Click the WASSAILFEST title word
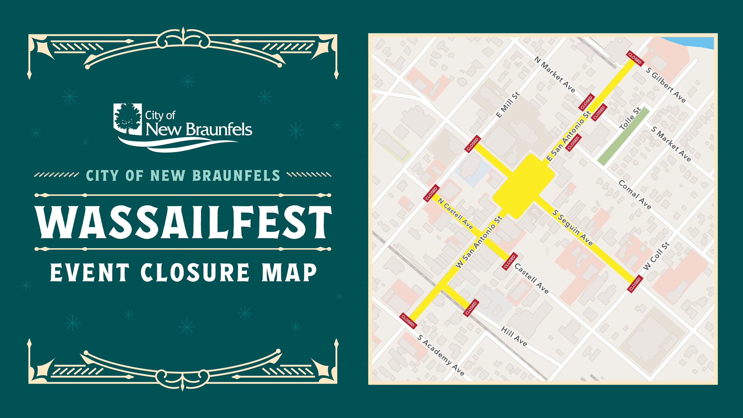pyautogui.click(x=183, y=222)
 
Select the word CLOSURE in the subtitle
pyautogui.click(x=195, y=272)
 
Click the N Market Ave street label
pyautogui.click(x=554, y=74)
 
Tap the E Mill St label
pyautogui.click(x=508, y=105)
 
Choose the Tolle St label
pyautogui.click(x=630, y=118)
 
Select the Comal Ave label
pyautogui.click(x=634, y=195)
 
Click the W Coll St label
pyautogui.click(x=656, y=256)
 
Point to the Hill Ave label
pyautogui.click(x=514, y=336)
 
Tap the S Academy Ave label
pyautogui.click(x=440, y=355)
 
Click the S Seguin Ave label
pyautogui.click(x=572, y=228)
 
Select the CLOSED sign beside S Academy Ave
pyautogui.click(x=408, y=321)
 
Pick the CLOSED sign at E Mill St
pyautogui.click(x=472, y=144)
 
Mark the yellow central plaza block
pyautogui.click(x=524, y=186)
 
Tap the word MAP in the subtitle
pyautogui.click(x=289, y=272)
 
